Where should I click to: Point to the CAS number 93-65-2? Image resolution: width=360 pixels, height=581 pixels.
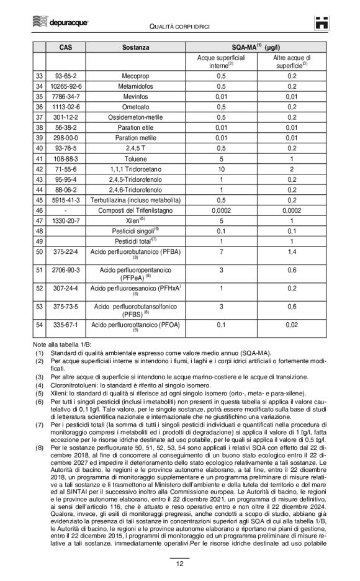click(x=65, y=75)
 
